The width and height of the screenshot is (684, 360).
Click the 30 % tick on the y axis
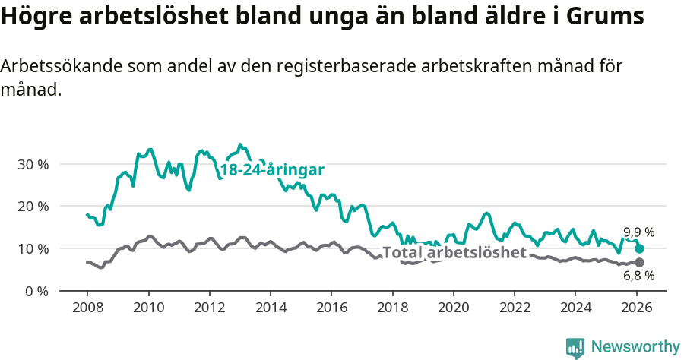point(33,164)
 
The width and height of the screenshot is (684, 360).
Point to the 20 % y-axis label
point(33,207)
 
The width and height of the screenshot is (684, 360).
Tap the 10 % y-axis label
point(33,249)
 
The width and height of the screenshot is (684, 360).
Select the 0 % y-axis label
point(36,292)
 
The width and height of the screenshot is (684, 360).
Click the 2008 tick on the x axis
point(87,308)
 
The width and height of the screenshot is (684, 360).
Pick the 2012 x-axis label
point(209,308)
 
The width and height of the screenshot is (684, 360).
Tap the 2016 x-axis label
point(331,308)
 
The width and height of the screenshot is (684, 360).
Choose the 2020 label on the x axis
point(454,308)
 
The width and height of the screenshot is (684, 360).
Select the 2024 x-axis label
point(575,308)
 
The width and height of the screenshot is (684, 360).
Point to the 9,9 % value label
point(638,232)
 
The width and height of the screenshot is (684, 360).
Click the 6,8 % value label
point(638,276)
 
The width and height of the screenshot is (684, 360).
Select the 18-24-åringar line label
point(272,169)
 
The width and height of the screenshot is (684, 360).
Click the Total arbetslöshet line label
point(454,253)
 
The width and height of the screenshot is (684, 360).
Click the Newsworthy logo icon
point(575,347)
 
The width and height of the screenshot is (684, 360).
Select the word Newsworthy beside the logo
point(635,347)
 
